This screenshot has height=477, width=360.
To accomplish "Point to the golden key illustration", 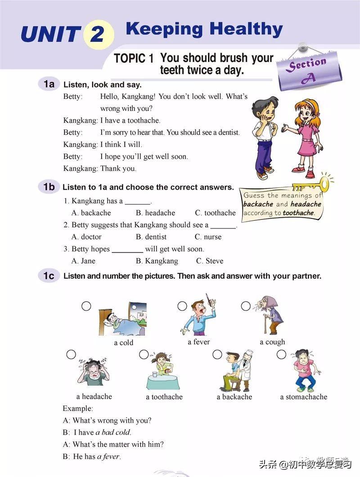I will (x=314, y=184).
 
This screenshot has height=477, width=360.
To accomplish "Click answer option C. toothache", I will (x=215, y=213).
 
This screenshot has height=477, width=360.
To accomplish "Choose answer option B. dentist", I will (x=151, y=236).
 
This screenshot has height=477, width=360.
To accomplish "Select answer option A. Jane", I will (x=84, y=261).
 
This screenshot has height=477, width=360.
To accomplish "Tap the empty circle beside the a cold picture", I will (x=86, y=306).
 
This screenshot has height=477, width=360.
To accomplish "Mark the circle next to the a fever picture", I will (x=182, y=306).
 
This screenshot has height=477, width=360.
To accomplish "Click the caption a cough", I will (x=272, y=342).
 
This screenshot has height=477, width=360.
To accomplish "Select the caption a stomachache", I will (x=303, y=397).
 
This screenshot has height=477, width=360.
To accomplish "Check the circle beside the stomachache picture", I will (x=281, y=354).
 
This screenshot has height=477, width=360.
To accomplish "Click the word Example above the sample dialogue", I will (x=77, y=409).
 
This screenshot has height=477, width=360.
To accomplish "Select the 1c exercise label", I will (x=49, y=276).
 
